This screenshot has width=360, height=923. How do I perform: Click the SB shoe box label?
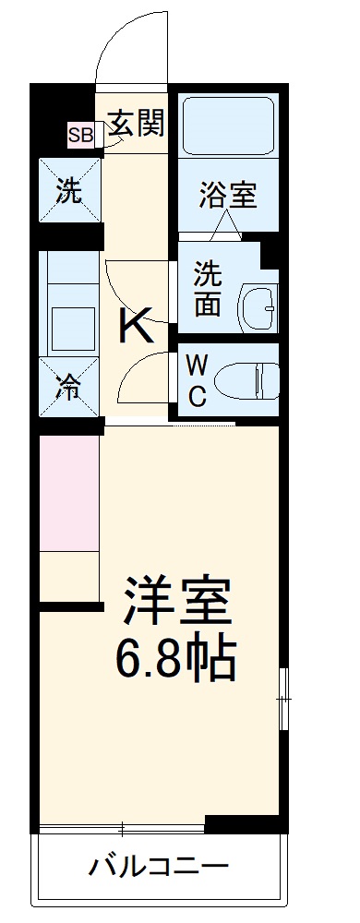coord(80,135)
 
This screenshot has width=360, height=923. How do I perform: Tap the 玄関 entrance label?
coord(137,124)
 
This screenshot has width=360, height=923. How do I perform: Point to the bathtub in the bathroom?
coord(226,126)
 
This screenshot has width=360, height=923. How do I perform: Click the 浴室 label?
coord(227,196)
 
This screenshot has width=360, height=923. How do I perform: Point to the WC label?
coord(198,379)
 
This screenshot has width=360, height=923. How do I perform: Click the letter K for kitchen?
coord(135,326)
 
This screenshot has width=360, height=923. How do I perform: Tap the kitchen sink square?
coord(68,326)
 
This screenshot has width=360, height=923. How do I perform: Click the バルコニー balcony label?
coord(159,867)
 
